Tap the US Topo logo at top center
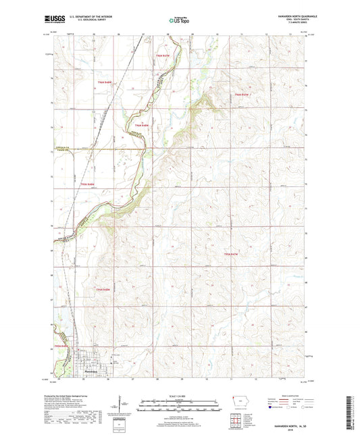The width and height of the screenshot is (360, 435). pyautogui.click(x=180, y=21)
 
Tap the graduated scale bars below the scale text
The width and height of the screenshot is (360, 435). pyautogui.click(x=180, y=407)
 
